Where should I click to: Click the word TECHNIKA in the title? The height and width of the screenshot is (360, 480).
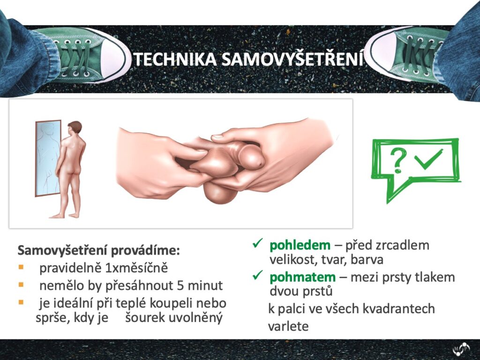(175, 60)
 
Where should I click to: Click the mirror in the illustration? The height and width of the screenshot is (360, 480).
(48, 158)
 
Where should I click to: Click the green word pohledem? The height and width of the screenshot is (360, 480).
(300, 245)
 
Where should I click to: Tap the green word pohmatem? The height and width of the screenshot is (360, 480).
(302, 277)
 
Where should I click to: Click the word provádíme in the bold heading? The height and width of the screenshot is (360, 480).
(145, 250)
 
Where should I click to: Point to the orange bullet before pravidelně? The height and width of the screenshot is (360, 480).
(21, 267)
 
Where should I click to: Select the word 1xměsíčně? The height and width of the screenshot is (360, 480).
(136, 268)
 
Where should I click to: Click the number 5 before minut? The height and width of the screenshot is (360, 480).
(181, 285)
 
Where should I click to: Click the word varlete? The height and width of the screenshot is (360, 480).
(288, 326)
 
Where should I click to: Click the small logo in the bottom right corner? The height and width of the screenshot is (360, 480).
(461, 349)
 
